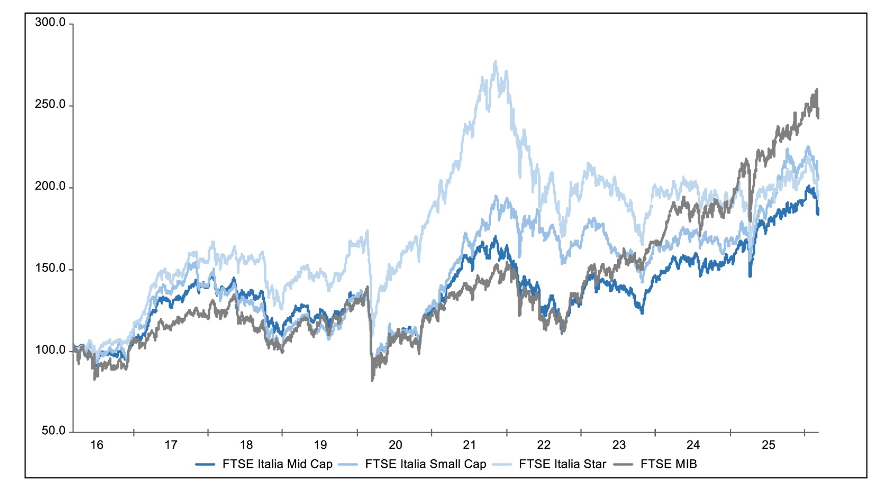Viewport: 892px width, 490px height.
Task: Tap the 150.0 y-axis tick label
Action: click(50, 268)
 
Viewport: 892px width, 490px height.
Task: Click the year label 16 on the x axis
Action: click(97, 445)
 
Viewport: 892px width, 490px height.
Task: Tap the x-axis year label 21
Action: click(470, 445)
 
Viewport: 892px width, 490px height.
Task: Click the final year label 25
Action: click(768, 445)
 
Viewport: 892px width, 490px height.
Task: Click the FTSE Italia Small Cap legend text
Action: click(425, 464)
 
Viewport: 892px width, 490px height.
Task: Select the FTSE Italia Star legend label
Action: click(562, 464)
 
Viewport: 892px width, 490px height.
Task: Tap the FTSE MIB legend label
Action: click(668, 464)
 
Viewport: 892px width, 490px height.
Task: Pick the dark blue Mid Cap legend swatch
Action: click(205, 464)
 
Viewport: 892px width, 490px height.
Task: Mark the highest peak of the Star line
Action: click(495, 62)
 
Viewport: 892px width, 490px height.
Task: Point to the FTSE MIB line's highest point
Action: click(817, 90)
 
